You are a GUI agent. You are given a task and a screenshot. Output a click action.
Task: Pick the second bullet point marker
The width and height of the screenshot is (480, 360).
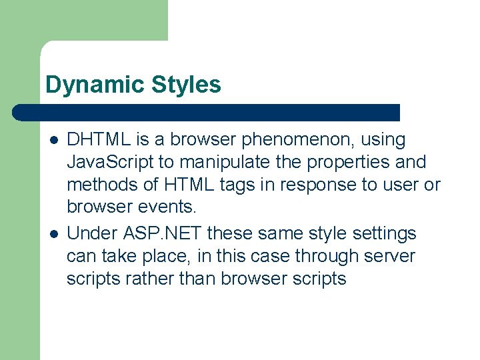[x=54, y=234]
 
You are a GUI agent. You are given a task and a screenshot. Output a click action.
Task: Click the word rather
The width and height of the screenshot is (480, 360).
[x=153, y=279]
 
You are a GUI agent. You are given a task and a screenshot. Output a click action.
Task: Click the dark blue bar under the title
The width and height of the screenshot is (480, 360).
[x=207, y=113]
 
